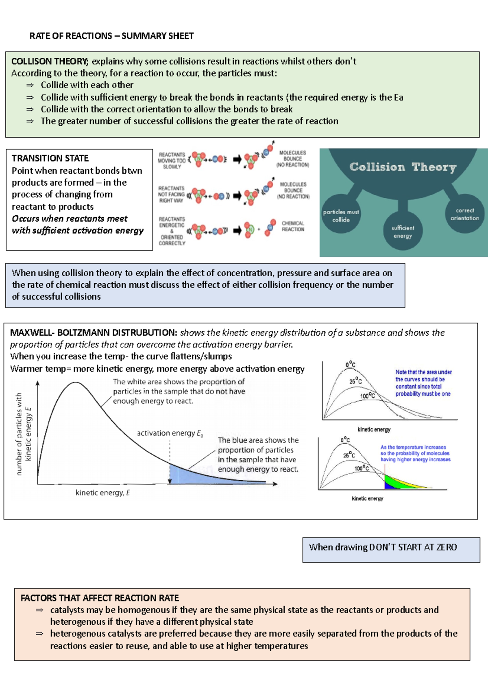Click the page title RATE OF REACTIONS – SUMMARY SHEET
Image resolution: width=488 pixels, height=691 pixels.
(111, 36)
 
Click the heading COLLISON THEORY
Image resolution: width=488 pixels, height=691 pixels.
(49, 61)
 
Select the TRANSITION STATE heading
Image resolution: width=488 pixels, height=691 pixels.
(50, 158)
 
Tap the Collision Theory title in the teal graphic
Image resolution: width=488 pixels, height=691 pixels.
(403, 167)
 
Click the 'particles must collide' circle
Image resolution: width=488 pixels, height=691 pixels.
(341, 216)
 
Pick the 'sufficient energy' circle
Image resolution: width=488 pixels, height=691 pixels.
(403, 232)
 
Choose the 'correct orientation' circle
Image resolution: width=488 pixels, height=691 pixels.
(464, 214)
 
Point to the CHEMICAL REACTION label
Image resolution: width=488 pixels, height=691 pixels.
(293, 226)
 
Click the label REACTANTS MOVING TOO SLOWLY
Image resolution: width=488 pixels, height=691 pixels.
(172, 161)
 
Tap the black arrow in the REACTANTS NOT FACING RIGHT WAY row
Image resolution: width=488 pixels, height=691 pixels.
(237, 196)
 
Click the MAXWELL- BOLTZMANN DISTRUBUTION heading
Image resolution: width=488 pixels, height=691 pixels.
(93, 332)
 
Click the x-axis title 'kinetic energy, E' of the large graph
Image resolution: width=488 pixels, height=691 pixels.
(102, 493)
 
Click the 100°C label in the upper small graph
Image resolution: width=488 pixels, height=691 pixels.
(367, 396)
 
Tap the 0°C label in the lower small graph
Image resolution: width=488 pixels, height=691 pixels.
(345, 440)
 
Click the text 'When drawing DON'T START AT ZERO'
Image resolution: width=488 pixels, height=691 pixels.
(383, 547)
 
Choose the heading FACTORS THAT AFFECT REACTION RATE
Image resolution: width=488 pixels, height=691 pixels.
(100, 598)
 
